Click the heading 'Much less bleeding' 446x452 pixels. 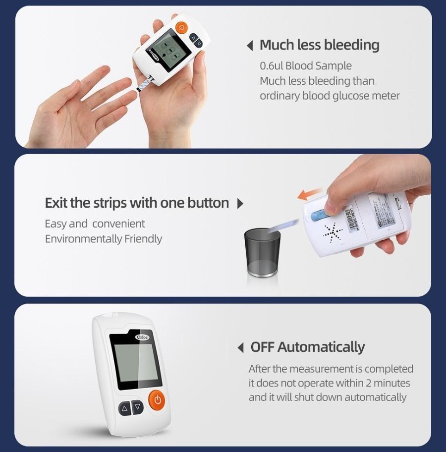tap(320, 45)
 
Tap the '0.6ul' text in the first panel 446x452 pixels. tap(272, 66)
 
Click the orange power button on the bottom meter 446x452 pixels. tap(157, 399)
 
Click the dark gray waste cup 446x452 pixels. tap(262, 252)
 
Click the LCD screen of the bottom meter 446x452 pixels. tap(135, 363)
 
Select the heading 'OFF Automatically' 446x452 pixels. tap(307, 347)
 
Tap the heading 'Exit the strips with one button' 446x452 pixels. tap(137, 203)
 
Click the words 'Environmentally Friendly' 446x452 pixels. tap(104, 239)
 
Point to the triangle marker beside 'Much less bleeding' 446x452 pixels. tap(250, 46)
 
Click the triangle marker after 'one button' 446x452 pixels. tap(240, 204)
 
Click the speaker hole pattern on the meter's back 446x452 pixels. tap(333, 231)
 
